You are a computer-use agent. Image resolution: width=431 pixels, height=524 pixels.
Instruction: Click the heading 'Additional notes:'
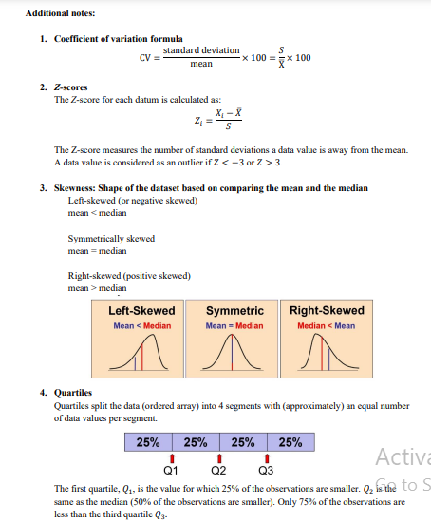[x=54, y=13]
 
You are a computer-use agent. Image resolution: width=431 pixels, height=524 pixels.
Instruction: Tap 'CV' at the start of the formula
[x=145, y=57]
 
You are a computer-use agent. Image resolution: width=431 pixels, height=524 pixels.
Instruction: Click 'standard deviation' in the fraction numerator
[x=201, y=49]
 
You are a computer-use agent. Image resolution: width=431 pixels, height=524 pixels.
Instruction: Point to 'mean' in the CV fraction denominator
[x=200, y=65]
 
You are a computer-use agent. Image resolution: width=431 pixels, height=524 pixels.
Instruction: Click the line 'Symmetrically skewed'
[x=111, y=239]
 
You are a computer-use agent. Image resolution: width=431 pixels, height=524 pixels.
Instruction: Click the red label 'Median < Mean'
[x=326, y=325]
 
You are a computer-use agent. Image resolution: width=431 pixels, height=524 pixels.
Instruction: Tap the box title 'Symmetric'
[x=234, y=311]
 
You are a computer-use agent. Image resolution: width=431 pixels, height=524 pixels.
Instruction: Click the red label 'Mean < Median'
[x=141, y=325]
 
